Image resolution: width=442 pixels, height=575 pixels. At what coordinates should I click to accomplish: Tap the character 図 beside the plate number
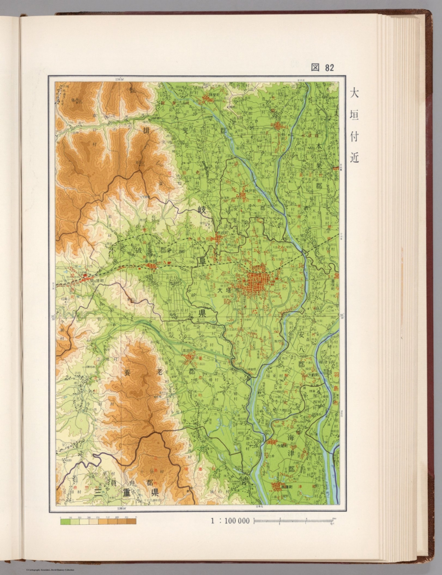tap(315, 67)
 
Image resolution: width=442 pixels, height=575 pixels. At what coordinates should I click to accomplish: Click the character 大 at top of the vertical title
tap(354, 93)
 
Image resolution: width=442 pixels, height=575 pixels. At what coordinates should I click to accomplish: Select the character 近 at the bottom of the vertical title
tap(354, 158)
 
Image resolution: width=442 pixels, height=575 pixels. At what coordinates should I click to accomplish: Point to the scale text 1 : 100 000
tap(230, 521)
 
